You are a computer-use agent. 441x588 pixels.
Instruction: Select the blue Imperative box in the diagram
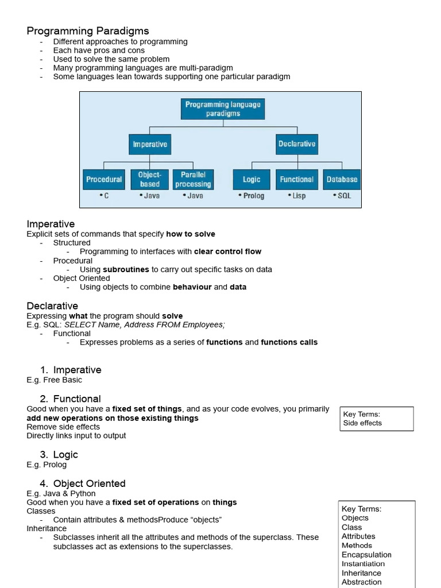tap(149, 144)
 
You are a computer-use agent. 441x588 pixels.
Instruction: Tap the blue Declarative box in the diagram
tap(296, 144)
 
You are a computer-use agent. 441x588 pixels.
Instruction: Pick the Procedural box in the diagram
tap(104, 179)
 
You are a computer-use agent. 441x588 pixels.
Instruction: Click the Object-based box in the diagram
tap(149, 179)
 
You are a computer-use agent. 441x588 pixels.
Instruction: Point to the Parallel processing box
tap(193, 179)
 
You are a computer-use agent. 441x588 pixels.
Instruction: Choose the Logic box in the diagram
tap(252, 179)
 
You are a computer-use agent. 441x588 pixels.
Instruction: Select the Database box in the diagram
tap(342, 179)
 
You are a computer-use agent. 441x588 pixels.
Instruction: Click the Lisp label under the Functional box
tap(297, 196)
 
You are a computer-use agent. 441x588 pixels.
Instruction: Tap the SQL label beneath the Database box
tap(342, 196)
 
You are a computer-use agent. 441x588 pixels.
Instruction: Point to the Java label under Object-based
tap(149, 196)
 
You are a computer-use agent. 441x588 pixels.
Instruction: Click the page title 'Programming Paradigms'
tap(88, 31)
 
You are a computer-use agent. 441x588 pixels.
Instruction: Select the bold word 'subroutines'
tap(126, 269)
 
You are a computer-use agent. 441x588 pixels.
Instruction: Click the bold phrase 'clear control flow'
tap(227, 252)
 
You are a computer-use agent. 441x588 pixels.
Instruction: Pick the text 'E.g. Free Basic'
tap(54, 380)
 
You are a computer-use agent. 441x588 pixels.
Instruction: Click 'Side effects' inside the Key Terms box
tap(362, 423)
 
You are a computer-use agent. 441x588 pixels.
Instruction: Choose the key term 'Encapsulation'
tap(366, 555)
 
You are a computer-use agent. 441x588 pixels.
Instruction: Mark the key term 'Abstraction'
tap(362, 582)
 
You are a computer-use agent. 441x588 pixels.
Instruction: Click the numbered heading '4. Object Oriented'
tap(83, 483)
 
